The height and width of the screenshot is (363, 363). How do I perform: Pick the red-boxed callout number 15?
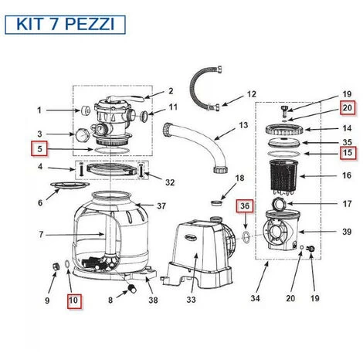348,152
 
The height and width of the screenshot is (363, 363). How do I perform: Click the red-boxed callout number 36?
244,206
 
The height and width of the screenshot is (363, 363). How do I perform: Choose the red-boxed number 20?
348,108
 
